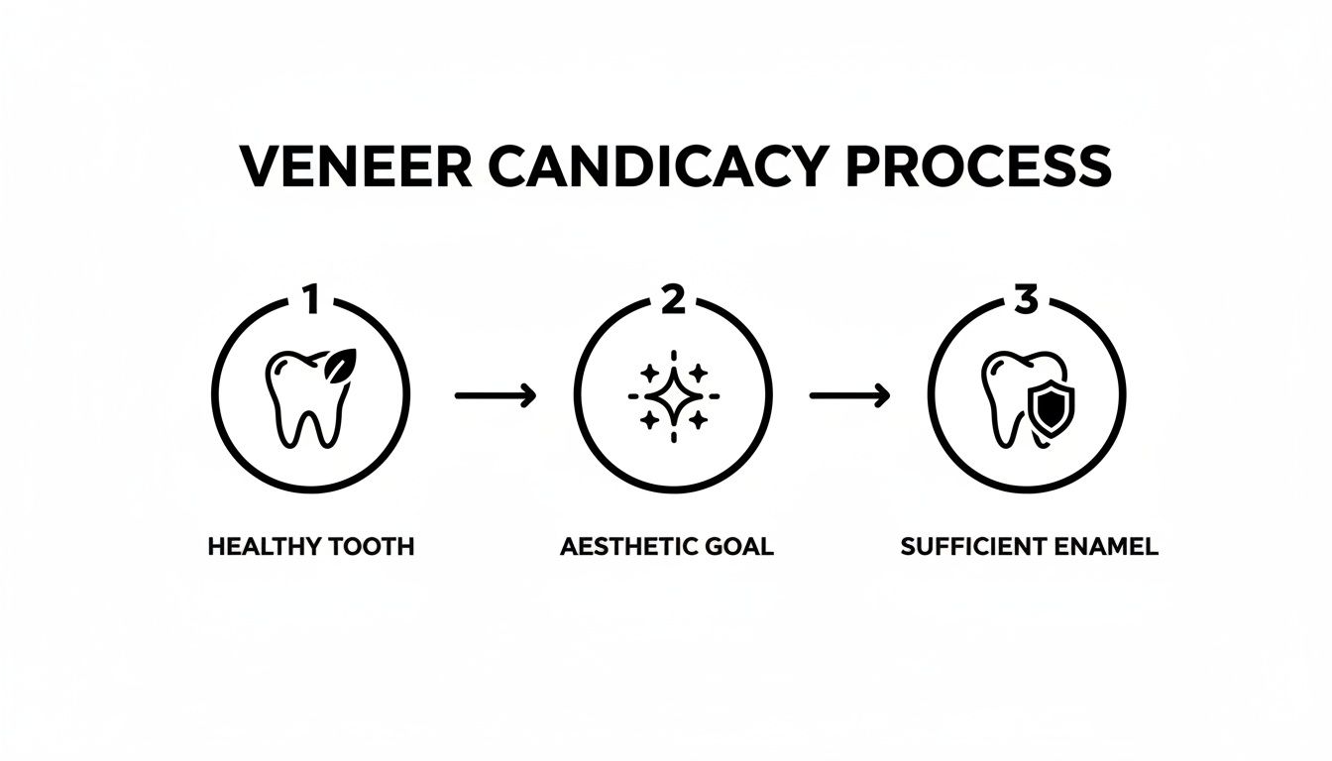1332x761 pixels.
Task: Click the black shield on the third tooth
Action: (1048, 406)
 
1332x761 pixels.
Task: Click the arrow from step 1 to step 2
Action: (495, 396)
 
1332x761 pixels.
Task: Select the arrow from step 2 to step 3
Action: (849, 396)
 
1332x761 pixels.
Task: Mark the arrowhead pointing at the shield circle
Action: (881, 396)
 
